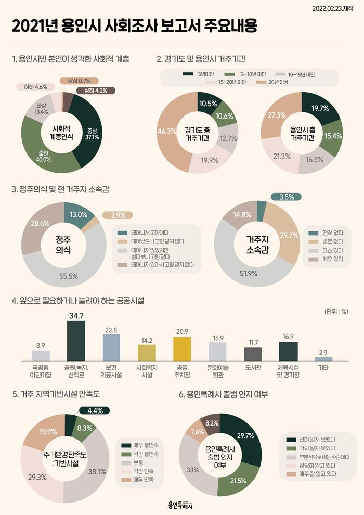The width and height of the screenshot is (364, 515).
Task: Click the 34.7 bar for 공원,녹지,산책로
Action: [76, 341]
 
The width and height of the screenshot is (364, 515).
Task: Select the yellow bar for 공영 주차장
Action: [182, 349]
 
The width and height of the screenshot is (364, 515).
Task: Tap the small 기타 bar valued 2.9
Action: [323, 359]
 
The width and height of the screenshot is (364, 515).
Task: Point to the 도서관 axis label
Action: [253, 368]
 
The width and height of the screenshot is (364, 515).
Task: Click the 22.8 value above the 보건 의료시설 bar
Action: [111, 330]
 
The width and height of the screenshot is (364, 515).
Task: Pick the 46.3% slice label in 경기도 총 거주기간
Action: [167, 131]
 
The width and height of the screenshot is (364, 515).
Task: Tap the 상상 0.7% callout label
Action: [79, 81]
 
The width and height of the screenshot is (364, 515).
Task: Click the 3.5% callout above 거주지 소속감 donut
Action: [287, 197]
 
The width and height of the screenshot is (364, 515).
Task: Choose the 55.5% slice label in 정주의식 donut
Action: [69, 276]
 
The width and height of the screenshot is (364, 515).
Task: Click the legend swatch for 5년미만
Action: [188, 74]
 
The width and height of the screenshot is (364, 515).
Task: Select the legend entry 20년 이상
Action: [272, 82]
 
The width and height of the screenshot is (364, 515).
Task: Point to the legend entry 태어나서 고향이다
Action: [144, 233]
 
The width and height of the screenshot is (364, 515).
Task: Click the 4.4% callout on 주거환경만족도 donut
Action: [95, 410]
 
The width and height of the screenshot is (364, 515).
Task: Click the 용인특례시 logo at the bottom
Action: [180, 505]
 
